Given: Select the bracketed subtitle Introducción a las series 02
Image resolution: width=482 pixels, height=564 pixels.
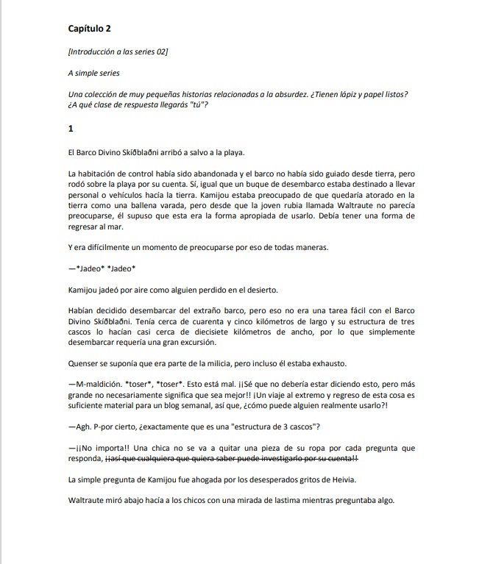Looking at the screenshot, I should (x=118, y=51).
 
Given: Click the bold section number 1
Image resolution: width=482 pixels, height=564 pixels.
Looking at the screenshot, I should (x=70, y=129).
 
